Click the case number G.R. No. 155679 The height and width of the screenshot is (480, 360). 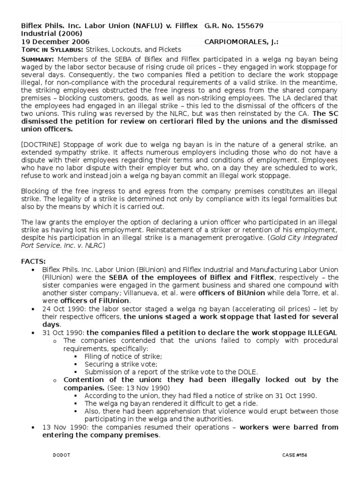coord(231,26)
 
